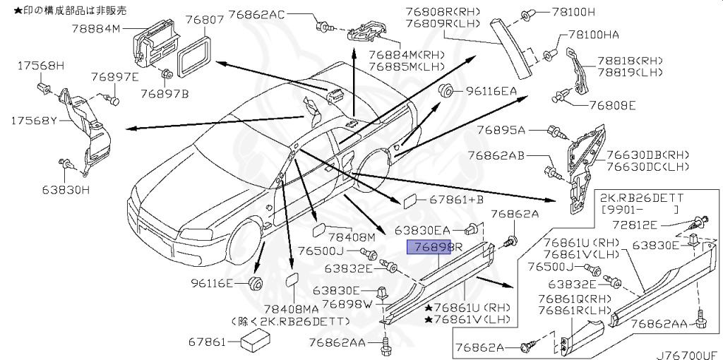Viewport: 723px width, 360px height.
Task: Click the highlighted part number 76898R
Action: [x=434, y=248]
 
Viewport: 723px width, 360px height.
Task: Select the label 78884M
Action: [x=96, y=29]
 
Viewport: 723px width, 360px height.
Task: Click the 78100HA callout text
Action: [x=593, y=35]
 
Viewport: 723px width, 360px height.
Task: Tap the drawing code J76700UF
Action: [x=689, y=355]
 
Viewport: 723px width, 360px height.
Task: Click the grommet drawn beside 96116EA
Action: [x=445, y=91]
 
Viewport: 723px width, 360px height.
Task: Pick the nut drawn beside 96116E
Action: [x=253, y=283]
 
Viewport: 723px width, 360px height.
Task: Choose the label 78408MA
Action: [x=293, y=309]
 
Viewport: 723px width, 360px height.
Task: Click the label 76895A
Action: [x=501, y=131]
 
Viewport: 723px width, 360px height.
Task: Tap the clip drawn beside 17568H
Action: [x=44, y=87]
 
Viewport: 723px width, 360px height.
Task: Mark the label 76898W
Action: [x=348, y=304]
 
